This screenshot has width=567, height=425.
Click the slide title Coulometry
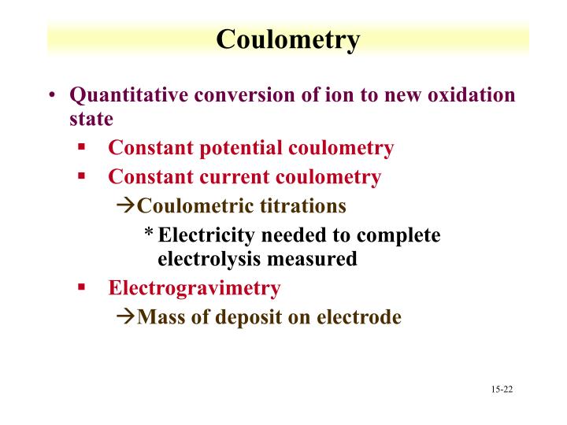(287, 39)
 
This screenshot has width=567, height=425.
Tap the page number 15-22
(501, 390)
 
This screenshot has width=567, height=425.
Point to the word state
(91, 119)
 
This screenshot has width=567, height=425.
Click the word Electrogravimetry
(194, 288)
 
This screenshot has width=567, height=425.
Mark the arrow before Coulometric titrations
(126, 206)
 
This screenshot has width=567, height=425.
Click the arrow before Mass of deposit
(126, 317)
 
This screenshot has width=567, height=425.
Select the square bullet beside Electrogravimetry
(81, 287)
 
